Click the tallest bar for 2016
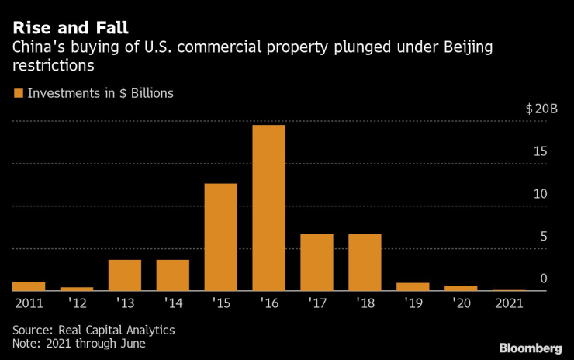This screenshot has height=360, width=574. tap(268, 208)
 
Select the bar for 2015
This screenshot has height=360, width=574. tap(220, 237)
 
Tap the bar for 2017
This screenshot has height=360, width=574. tap(316, 262)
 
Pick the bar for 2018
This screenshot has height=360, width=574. tap(365, 262)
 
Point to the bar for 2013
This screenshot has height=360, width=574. tap(125, 275)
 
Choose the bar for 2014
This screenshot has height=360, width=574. tap(172, 275)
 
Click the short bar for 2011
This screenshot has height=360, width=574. tap(29, 286)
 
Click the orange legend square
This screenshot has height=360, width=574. tap(18, 93)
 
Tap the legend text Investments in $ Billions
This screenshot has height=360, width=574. tap(100, 93)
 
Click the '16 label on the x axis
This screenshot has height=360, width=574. tap(268, 303)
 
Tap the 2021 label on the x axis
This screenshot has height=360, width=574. tap(509, 303)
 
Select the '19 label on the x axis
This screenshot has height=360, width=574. tap(413, 303)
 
